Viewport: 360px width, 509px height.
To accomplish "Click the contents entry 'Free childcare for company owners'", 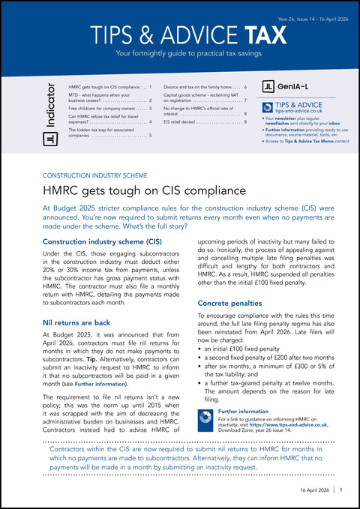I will point(105,109).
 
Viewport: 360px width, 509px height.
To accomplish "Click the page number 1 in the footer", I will point(340,489).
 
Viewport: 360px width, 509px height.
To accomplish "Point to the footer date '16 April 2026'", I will point(310,489).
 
